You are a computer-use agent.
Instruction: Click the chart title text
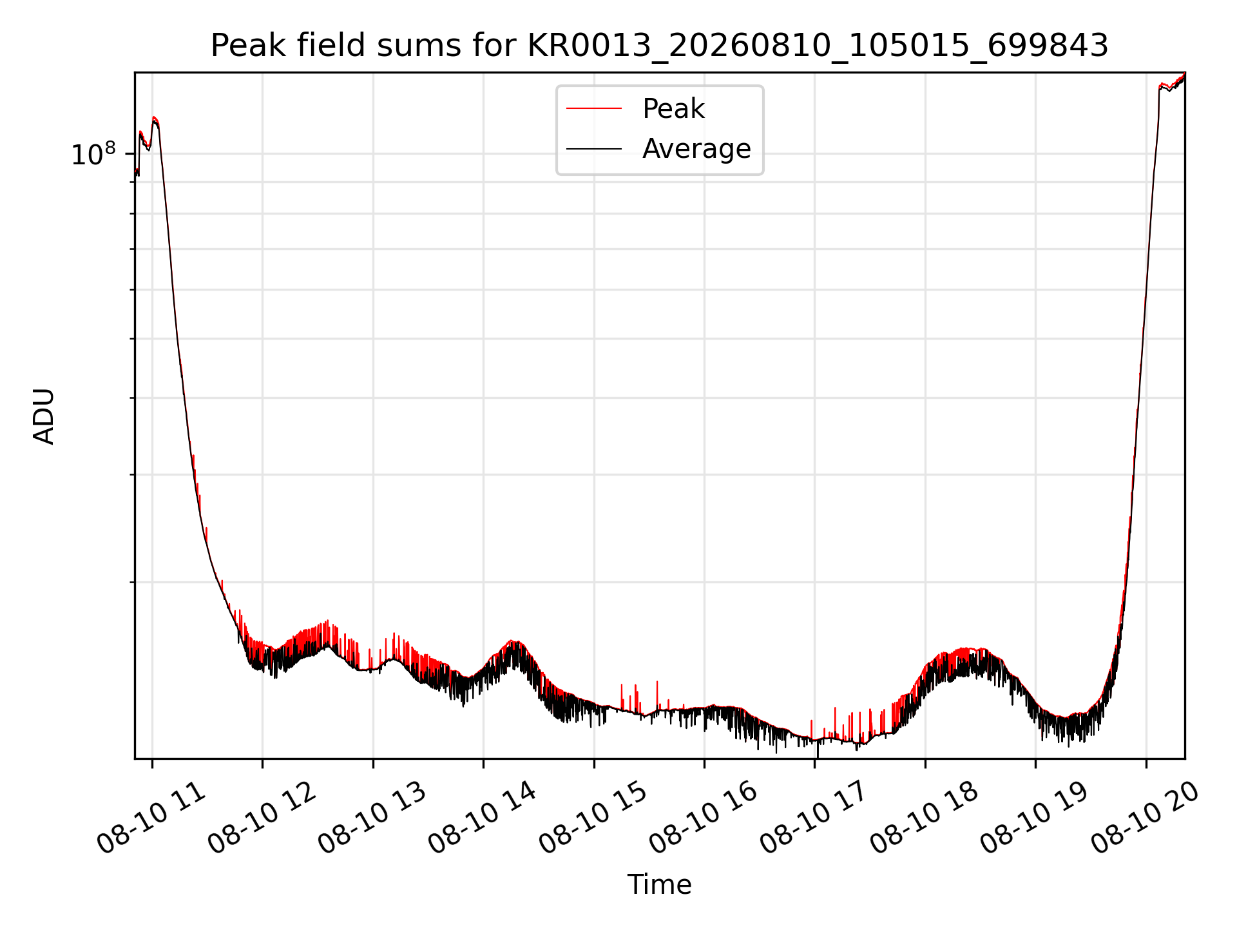point(660,46)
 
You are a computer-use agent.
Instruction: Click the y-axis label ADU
point(44,416)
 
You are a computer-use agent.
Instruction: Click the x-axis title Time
point(660,885)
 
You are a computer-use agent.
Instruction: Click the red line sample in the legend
point(594,109)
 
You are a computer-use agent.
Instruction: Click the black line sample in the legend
point(594,149)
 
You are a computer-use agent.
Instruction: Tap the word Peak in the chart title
point(245,46)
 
